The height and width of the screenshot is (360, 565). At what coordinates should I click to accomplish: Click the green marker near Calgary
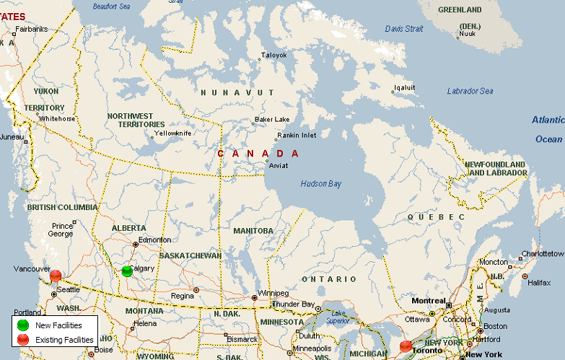click(x=127, y=271)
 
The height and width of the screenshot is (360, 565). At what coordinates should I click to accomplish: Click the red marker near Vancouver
click(x=56, y=275)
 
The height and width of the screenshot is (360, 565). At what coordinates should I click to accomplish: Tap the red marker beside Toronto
click(x=406, y=346)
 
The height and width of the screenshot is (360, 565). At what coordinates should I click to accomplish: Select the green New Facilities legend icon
click(x=23, y=325)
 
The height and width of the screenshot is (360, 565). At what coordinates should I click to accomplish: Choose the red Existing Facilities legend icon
click(x=23, y=338)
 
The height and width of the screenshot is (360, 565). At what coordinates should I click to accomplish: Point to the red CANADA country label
click(x=258, y=154)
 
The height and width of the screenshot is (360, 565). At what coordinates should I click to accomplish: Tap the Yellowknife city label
click(x=172, y=133)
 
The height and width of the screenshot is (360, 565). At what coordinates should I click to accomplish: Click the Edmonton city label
click(x=155, y=240)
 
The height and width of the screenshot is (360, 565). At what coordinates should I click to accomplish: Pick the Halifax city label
click(x=539, y=282)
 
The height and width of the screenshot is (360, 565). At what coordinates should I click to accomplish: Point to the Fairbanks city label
click(x=31, y=30)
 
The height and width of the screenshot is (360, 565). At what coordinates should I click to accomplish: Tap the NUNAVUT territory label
click(x=237, y=92)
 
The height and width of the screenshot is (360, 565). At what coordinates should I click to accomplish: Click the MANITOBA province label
click(x=253, y=231)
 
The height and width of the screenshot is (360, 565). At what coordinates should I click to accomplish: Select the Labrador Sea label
click(x=470, y=91)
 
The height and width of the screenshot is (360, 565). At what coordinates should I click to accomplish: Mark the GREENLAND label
click(x=460, y=10)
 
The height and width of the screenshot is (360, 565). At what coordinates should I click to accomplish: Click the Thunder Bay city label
click(x=295, y=304)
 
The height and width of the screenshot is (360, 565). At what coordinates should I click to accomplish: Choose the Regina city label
click(x=183, y=296)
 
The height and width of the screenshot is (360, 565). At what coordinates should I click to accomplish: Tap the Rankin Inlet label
click(x=297, y=135)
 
